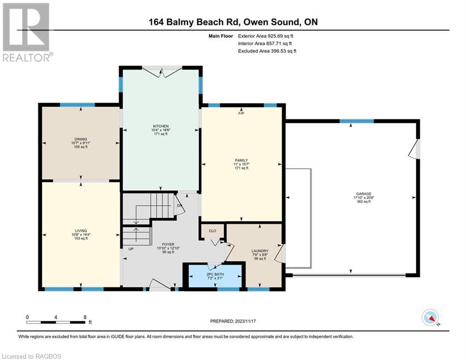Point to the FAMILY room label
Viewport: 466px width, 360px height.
pyautogui.click(x=241, y=160)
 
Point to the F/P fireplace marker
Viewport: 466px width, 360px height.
pyautogui.click(x=241, y=113)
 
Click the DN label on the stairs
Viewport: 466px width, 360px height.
pyautogui.click(x=178, y=205)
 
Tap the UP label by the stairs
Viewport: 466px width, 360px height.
pyautogui.click(x=131, y=249)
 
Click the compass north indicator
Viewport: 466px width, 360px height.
pyautogui.click(x=429, y=318)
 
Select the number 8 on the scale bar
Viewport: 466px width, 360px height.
pyautogui.click(x=85, y=317)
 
